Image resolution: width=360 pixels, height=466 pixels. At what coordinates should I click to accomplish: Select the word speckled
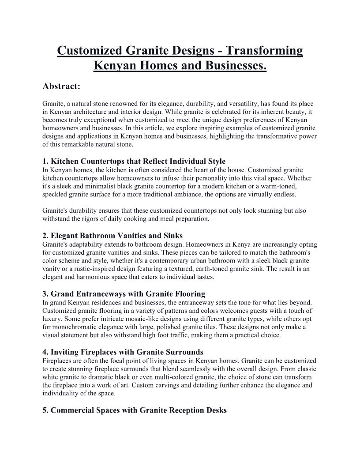click(56, 194)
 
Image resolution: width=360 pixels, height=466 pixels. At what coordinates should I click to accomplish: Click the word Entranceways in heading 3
click(102, 293)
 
